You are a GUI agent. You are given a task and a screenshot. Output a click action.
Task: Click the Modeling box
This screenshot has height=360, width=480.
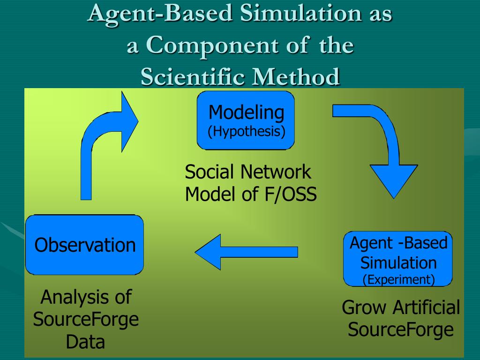[246, 120]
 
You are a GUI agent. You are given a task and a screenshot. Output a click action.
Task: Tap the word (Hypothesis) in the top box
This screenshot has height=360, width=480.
[247, 131]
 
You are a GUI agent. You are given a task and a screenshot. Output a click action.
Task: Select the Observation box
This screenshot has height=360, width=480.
[85, 245]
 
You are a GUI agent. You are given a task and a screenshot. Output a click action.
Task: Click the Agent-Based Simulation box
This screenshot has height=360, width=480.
[398, 258]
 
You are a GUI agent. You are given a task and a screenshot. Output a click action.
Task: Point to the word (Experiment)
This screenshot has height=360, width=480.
[398, 280]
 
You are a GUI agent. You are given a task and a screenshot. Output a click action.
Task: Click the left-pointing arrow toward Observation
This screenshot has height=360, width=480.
[246, 252]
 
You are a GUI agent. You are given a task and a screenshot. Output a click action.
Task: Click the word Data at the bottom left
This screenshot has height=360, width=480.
[85, 342]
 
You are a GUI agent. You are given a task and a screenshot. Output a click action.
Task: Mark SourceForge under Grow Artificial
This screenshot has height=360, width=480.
[401, 330]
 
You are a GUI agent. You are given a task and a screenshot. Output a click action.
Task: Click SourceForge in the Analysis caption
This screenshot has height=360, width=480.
[86, 319]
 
